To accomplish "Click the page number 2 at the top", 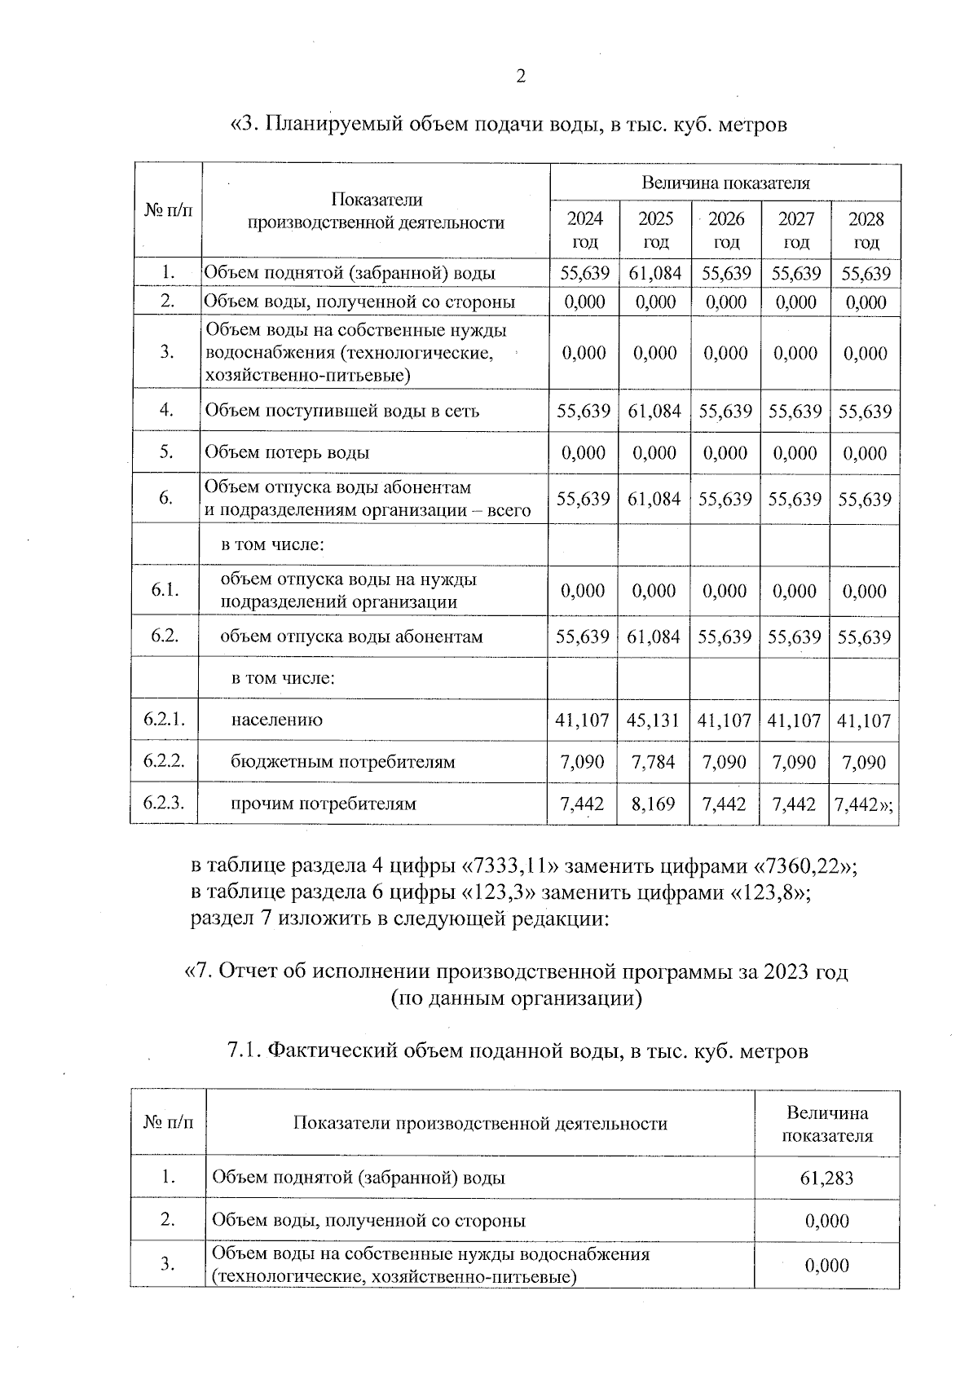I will click(521, 77).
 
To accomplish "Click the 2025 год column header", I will click(655, 230).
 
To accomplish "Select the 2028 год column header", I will click(866, 230).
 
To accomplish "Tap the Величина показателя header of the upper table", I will click(725, 183).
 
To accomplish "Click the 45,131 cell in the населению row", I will click(654, 720).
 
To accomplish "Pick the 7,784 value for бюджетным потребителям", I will click(654, 762).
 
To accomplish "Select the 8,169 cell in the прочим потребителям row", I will click(654, 804).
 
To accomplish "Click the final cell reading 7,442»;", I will click(864, 804).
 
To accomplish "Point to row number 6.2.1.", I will click(165, 720).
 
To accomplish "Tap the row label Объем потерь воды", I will click(287, 452).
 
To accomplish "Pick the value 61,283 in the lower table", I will click(826, 1178).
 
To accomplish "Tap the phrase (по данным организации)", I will click(518, 998).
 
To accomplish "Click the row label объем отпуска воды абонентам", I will click(351, 636).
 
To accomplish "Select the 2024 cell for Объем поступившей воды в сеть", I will click(584, 411).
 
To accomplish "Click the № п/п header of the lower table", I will click(169, 1123).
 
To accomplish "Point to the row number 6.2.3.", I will click(165, 803).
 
